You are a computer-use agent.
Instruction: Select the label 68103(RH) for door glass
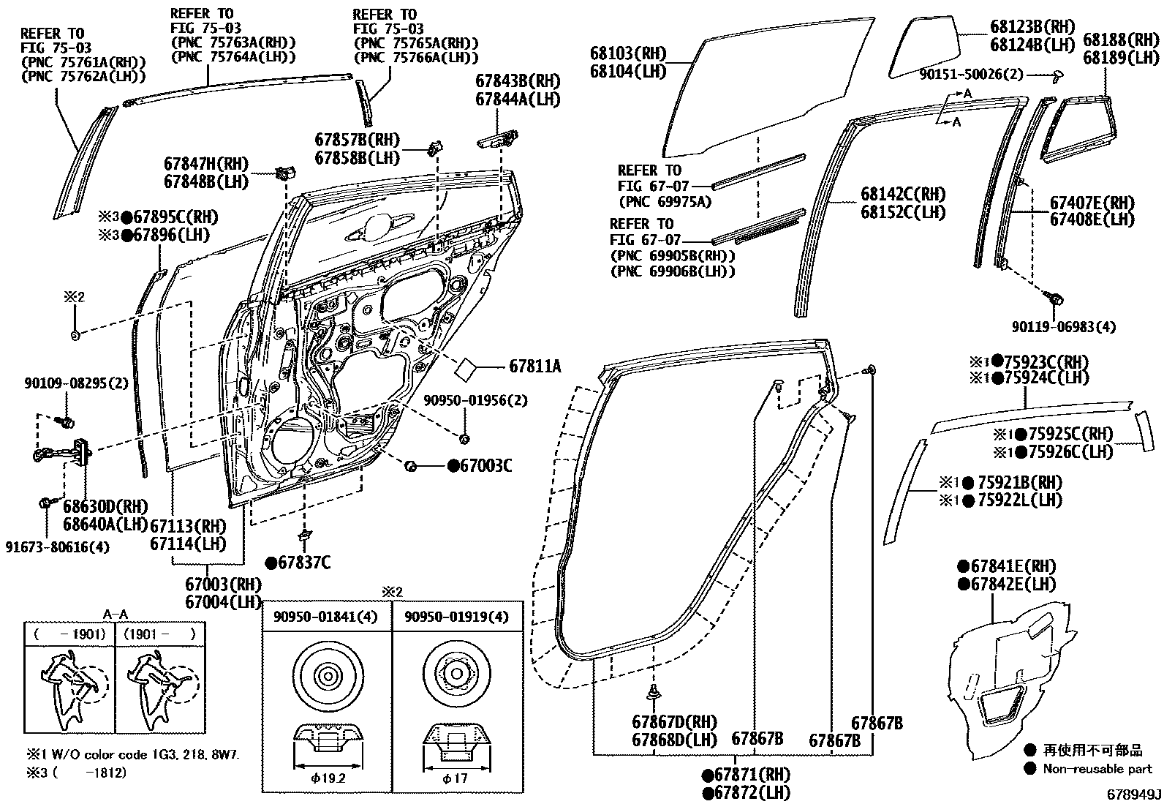(x=629, y=53)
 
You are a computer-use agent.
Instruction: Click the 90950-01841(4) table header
(x=326, y=617)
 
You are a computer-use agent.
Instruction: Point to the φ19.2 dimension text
(x=327, y=778)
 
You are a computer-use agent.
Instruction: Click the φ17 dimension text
(x=455, y=778)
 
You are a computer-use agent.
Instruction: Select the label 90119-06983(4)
(x=1064, y=326)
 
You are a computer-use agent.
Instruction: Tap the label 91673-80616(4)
(x=58, y=546)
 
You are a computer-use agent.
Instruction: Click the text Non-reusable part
(x=1097, y=768)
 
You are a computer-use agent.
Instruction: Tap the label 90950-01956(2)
(x=475, y=401)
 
